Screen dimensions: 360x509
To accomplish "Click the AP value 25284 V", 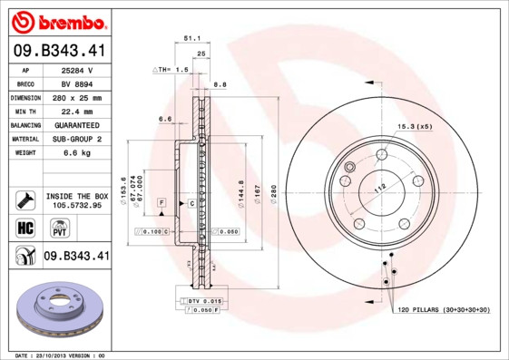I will point(77,69).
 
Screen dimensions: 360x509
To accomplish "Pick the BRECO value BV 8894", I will point(77,83).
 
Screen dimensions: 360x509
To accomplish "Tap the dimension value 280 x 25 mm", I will point(77,97).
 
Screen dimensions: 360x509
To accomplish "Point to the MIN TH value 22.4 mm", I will point(77,111).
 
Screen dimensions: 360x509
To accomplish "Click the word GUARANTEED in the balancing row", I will point(77,124).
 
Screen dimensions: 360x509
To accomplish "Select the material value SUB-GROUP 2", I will point(77,139).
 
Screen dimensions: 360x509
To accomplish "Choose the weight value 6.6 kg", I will point(77,152).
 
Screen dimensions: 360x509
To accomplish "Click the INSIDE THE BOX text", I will point(77,196).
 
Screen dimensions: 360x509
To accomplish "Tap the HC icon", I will point(25,227).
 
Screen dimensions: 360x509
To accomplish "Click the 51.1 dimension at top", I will point(191,39).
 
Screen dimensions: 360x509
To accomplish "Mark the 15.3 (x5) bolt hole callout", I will point(414,126).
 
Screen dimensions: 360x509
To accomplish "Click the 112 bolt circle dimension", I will point(380,185).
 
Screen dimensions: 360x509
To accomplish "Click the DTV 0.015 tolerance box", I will point(206,300).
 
